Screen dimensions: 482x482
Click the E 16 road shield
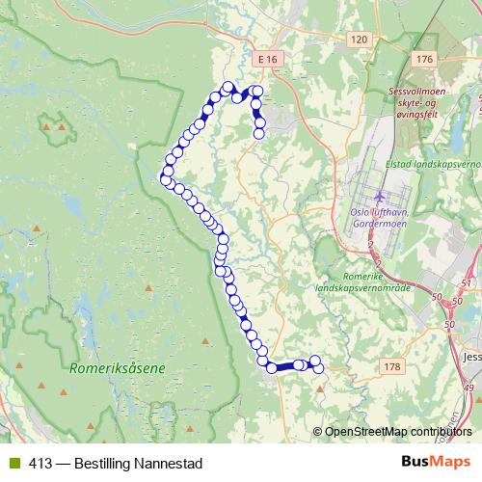point(268,60)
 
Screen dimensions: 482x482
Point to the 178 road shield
point(390,366)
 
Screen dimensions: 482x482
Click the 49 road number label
point(469,388)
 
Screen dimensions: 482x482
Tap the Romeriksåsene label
point(118,367)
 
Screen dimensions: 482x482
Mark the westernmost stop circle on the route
point(164,176)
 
